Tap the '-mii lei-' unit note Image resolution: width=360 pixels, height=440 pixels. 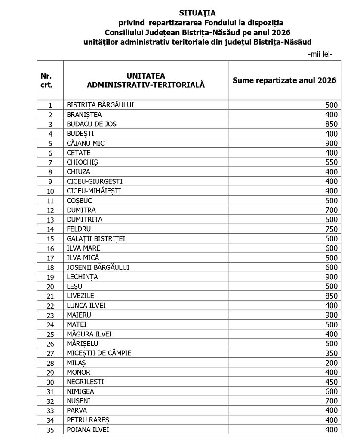coord(320,54)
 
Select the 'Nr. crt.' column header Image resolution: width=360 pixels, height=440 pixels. coord(46,80)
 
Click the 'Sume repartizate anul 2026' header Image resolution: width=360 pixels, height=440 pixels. coord(284,80)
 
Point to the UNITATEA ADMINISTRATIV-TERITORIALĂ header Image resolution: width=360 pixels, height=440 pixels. coord(146,80)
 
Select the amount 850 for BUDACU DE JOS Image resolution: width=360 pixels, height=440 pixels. coord(332,124)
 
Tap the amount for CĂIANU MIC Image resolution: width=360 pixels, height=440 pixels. coord(332,143)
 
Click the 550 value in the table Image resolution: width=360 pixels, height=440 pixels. coord(332,162)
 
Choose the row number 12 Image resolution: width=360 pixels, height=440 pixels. coord(50,211)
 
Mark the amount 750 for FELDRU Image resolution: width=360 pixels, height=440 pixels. coord(332,229)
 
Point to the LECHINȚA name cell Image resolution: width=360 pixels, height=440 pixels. coord(83,277)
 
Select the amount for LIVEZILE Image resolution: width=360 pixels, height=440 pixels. coord(332,296)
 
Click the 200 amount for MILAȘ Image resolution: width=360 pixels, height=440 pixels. coord(332,363)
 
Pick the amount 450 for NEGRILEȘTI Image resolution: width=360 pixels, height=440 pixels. coord(332,382)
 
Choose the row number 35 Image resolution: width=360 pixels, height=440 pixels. coord(50,430)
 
